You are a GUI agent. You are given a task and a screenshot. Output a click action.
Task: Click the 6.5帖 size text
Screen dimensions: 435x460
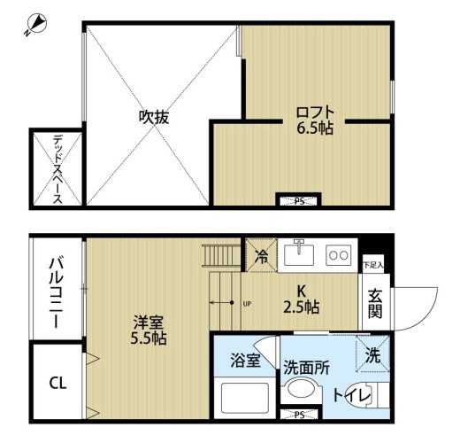(x=315, y=129)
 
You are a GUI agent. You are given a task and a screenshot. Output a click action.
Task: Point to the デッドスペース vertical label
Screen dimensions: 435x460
(x=57, y=168)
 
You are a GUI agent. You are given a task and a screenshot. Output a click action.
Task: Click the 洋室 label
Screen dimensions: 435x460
(x=148, y=322)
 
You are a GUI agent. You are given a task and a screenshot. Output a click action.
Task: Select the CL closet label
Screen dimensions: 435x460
(x=57, y=383)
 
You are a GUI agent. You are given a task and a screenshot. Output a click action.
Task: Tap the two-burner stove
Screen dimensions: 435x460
(x=338, y=255)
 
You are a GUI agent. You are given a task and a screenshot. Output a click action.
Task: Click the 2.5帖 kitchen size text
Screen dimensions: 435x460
(x=301, y=307)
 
